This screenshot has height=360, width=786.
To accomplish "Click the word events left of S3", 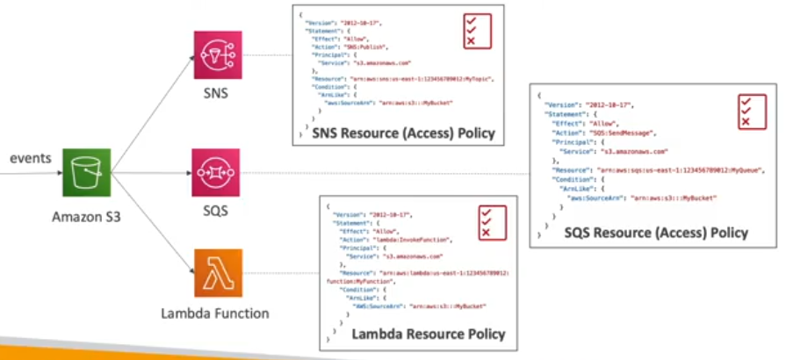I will pyautogui.click(x=28, y=158).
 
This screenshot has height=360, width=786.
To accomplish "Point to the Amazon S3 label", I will pyautogui.click(x=85, y=215).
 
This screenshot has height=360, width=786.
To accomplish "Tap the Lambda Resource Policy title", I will pyautogui.click(x=429, y=334).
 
